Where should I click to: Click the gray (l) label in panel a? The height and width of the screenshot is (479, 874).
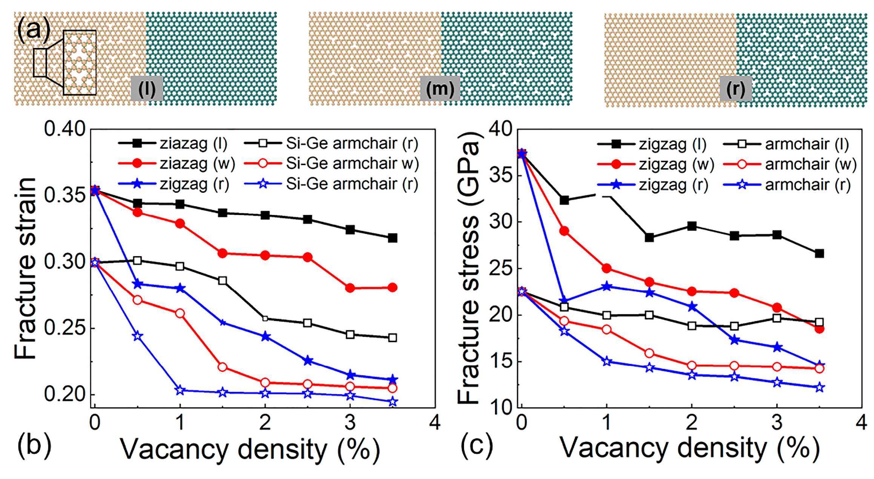click(147, 88)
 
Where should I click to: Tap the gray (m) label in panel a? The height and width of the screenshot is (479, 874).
click(440, 88)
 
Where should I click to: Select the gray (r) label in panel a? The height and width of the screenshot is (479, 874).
click(736, 89)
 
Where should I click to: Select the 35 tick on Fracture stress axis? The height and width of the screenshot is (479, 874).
click(500, 175)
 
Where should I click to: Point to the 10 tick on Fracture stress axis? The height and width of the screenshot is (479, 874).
click(500, 407)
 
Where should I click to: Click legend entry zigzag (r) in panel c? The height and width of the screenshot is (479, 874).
click(653, 185)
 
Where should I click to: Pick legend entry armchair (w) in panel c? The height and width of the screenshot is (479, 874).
click(790, 164)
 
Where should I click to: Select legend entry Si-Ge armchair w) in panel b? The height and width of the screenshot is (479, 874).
click(332, 163)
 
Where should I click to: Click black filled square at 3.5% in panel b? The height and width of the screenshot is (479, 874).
click(392, 238)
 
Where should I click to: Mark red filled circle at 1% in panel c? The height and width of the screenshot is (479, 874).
click(607, 269)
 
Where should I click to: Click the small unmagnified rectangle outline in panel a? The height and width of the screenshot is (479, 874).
click(40, 63)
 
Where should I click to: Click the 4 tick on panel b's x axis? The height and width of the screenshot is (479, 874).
click(435, 422)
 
